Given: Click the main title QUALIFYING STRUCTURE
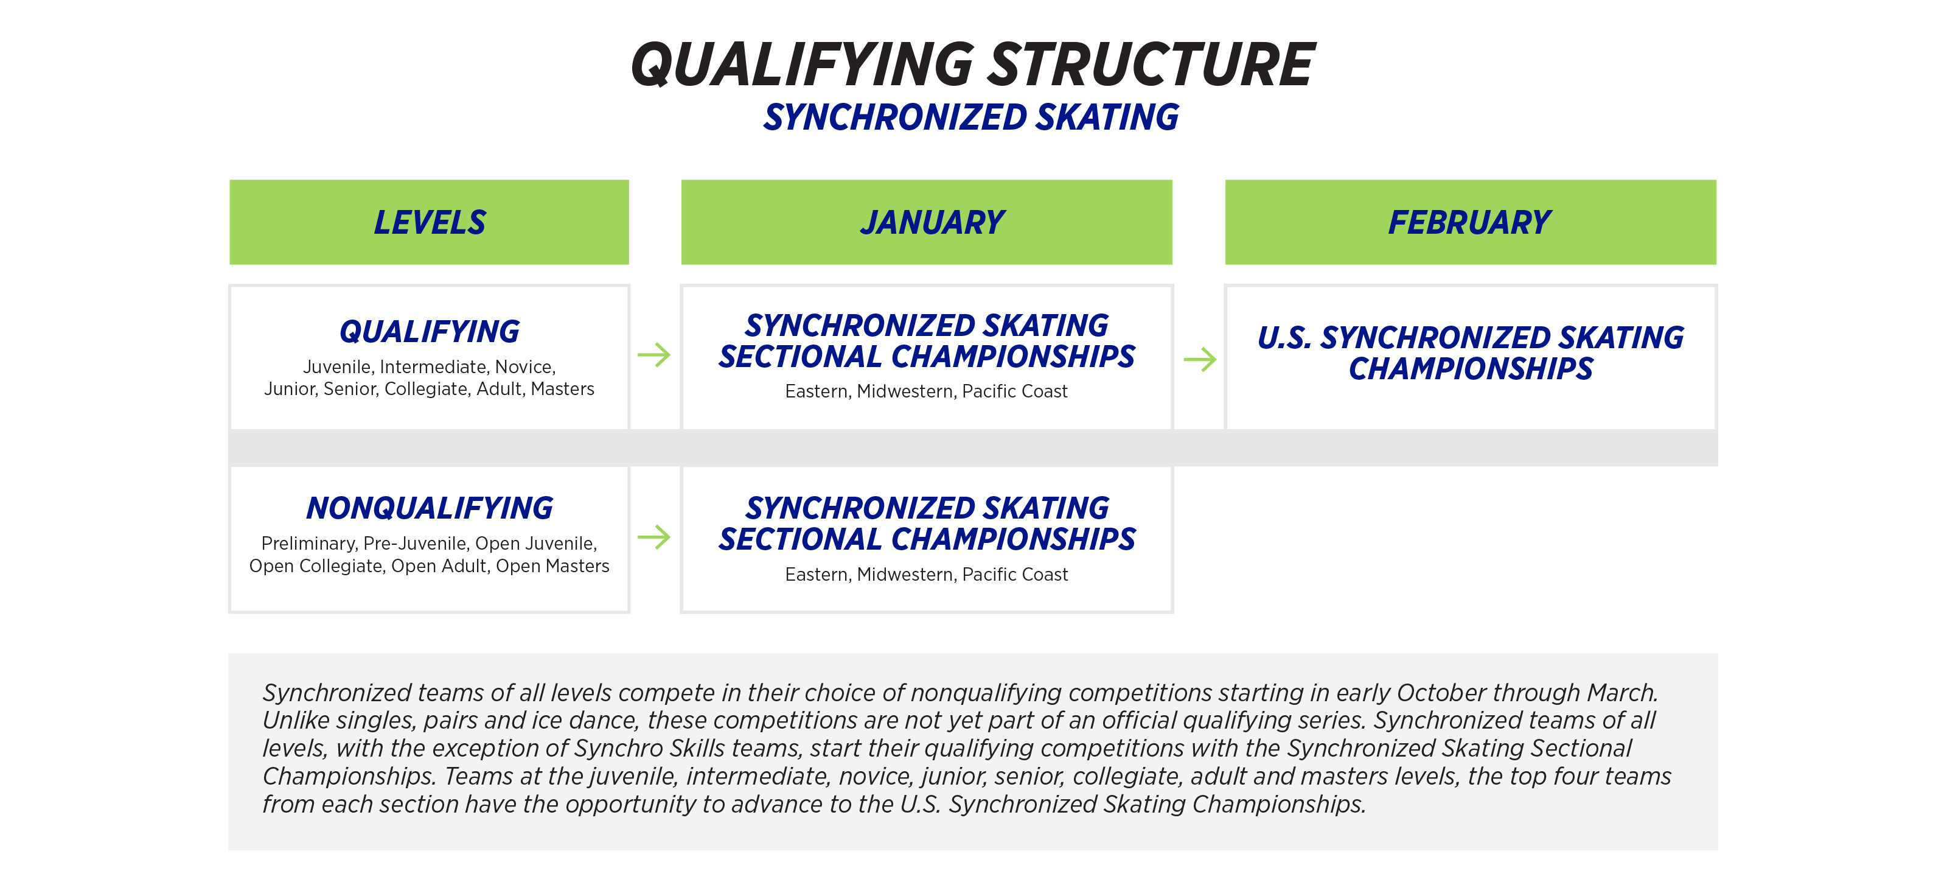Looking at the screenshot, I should pyautogui.click(x=972, y=65).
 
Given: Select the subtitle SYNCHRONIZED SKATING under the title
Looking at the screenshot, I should pyautogui.click(x=970, y=118).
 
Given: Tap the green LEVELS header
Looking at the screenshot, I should pyautogui.click(x=430, y=222).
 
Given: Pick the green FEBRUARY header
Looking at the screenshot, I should pyautogui.click(x=1469, y=222).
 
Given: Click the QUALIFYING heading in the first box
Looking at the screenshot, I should pyautogui.click(x=430, y=332).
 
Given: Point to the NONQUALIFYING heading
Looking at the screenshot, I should pyautogui.click(x=430, y=508).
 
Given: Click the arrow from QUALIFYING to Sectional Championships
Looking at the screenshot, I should pyautogui.click(x=654, y=355).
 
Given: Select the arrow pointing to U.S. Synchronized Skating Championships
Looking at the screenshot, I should pyautogui.click(x=1199, y=359).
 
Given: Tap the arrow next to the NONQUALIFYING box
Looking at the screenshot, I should pyautogui.click(x=654, y=537).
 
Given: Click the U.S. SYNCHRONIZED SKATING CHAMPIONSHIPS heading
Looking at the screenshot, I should pyautogui.click(x=1470, y=353).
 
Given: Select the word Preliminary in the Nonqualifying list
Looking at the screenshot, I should pyautogui.click(x=308, y=544).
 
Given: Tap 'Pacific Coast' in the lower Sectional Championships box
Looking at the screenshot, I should pyautogui.click(x=1014, y=575).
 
